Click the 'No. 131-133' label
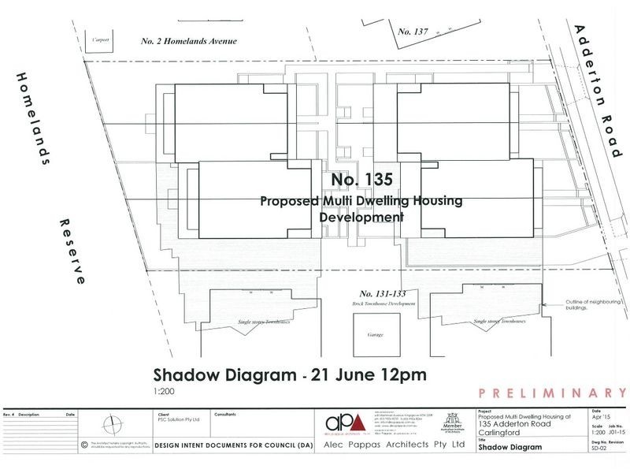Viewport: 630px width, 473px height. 381,292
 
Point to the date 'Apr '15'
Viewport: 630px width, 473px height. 596,418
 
